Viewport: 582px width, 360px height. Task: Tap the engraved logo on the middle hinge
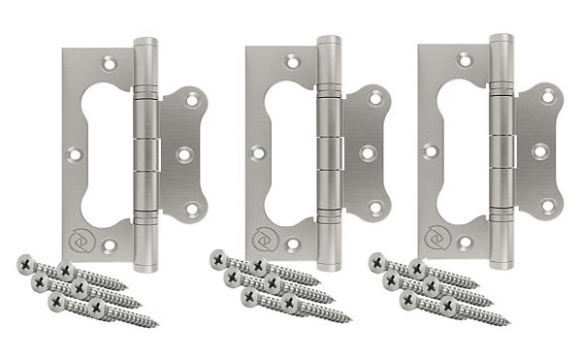pyautogui.click(x=262, y=236)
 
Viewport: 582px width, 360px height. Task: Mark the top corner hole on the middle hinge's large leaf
pyautogui.click(x=290, y=62)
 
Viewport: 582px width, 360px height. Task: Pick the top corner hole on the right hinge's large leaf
pyautogui.click(x=461, y=61)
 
